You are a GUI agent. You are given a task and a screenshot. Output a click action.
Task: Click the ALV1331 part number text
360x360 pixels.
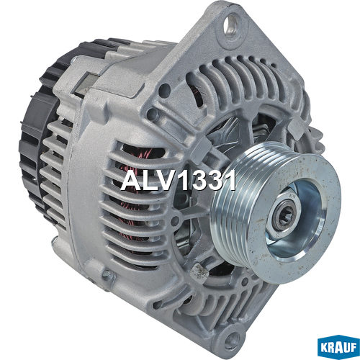[x=178, y=181]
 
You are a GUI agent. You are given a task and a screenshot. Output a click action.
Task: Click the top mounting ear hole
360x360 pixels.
[x=231, y=26]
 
